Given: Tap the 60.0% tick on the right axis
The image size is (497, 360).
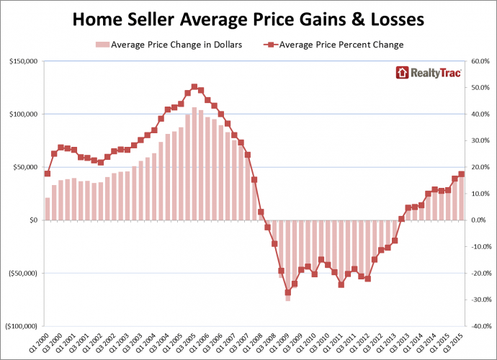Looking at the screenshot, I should click(480, 61).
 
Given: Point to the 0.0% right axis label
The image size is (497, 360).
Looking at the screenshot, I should click(480, 220).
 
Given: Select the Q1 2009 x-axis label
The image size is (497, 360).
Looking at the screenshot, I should click(284, 343).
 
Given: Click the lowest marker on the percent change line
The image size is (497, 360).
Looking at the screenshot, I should click(287, 292).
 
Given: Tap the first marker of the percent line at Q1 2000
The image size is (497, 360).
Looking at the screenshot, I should click(48, 174).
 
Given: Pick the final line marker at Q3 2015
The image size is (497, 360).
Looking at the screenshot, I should click(462, 174).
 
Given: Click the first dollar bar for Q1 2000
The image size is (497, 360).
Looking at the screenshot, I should click(48, 209).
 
